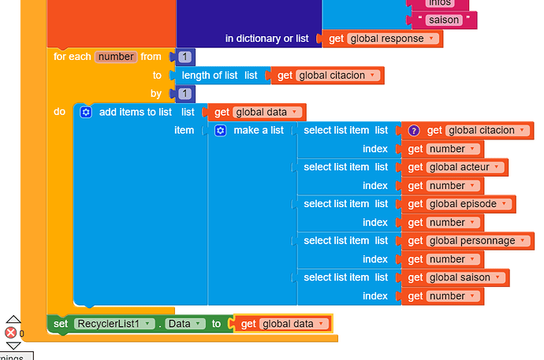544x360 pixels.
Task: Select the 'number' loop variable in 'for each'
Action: [x=116, y=57]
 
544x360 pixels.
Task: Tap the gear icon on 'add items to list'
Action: [x=86, y=112]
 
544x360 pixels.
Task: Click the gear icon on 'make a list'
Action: [x=221, y=130]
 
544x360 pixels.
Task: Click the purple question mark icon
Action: [x=413, y=131]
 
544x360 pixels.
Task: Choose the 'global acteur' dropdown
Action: [x=465, y=167]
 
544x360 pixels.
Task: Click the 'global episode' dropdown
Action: [x=470, y=204]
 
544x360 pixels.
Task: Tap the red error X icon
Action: [x=11, y=332]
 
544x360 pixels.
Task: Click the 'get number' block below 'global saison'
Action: [x=415, y=296]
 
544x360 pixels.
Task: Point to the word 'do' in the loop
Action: [x=60, y=112]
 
